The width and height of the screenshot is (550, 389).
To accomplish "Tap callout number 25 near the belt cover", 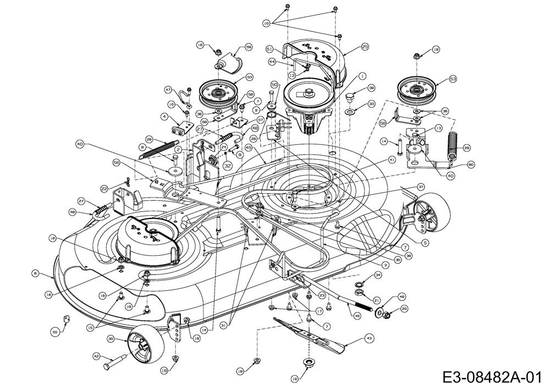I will click(365, 48).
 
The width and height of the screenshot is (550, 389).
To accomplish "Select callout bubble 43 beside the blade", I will click(369, 339).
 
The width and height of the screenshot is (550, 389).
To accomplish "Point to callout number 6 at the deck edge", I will click(35, 272).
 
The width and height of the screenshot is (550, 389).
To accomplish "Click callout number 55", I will click(54, 333).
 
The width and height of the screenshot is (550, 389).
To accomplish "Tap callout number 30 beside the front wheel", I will click(111, 338).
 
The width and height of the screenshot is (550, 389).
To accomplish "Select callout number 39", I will click(371, 88).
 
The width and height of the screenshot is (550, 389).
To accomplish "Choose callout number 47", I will click(169, 89).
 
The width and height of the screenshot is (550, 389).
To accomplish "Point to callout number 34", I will click(377, 275).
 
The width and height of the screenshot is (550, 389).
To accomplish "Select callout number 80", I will click(471, 164).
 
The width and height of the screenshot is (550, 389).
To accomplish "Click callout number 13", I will click(438, 128).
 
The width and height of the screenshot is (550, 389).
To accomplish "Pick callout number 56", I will click(116, 162).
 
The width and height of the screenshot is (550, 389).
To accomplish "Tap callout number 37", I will click(421, 186).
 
